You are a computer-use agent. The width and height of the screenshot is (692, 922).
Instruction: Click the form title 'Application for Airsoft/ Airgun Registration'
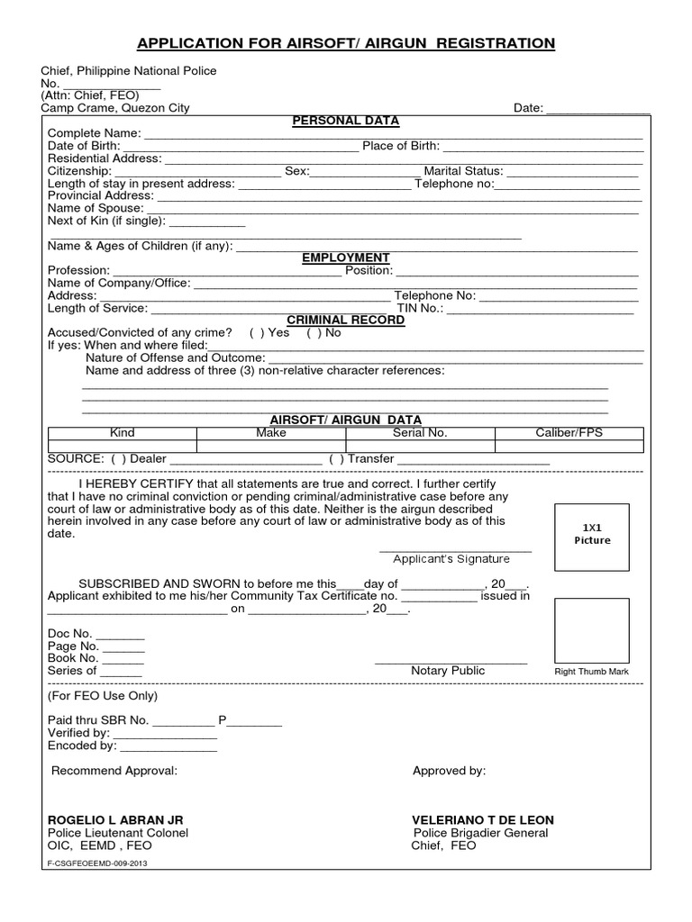click(345, 42)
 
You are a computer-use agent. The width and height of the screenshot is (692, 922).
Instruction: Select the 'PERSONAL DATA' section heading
click(345, 122)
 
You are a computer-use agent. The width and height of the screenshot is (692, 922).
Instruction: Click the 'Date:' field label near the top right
click(528, 108)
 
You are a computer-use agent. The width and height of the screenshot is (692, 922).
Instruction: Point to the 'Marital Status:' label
click(463, 171)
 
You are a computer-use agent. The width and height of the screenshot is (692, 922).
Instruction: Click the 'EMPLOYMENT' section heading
click(345, 258)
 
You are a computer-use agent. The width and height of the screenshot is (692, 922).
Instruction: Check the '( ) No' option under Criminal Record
click(324, 332)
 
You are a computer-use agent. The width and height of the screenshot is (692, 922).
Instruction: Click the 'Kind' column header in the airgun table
click(122, 433)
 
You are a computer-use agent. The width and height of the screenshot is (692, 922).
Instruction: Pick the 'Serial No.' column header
click(420, 433)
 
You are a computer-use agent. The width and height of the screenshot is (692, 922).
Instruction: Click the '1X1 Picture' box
click(592, 532)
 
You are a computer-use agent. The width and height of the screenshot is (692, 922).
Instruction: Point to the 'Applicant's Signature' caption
click(451, 559)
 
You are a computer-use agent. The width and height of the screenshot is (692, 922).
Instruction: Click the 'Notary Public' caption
click(448, 671)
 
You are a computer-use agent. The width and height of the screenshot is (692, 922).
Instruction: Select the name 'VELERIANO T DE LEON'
click(482, 820)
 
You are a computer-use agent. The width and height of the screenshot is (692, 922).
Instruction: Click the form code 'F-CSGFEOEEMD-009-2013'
click(96, 863)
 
